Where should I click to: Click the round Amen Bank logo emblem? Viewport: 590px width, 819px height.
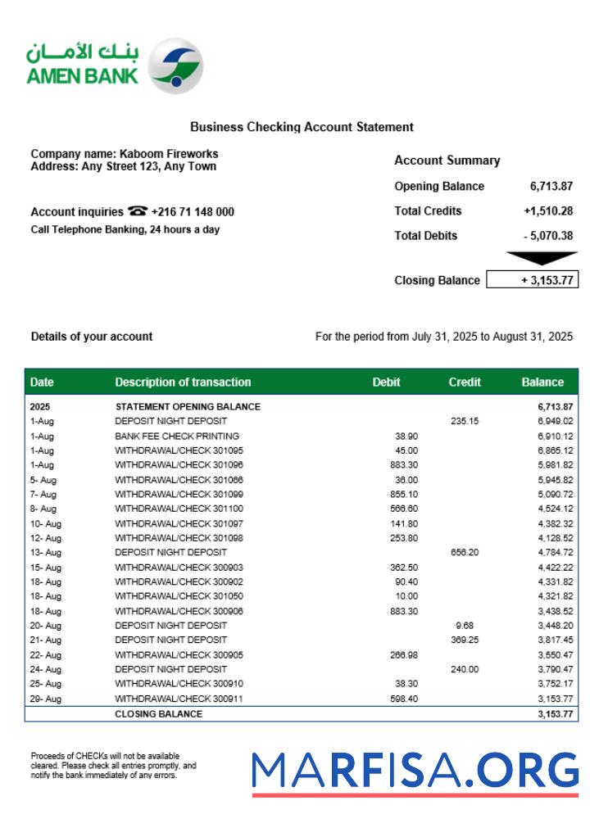click(x=178, y=65)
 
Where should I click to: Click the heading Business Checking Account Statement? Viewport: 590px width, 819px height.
click(x=302, y=127)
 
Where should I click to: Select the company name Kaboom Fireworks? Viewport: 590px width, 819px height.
click(x=169, y=153)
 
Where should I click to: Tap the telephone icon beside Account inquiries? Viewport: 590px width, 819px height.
click(x=138, y=211)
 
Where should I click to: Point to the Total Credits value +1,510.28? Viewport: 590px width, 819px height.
click(x=548, y=210)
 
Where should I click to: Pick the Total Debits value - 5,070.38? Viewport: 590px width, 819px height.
click(x=548, y=235)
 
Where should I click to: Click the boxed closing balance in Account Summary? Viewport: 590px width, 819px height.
click(x=533, y=280)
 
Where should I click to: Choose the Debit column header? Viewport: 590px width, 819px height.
click(x=386, y=382)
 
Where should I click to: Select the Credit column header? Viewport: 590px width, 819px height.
click(x=465, y=382)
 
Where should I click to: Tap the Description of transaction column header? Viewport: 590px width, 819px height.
click(x=183, y=382)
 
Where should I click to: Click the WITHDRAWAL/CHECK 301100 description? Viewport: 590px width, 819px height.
click(x=179, y=509)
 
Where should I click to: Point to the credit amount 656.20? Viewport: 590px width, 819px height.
click(x=464, y=552)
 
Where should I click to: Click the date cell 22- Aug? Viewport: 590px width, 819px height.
click(x=46, y=654)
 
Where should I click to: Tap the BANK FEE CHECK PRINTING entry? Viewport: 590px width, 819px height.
click(x=177, y=436)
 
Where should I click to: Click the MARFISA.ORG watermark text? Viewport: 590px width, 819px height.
click(x=415, y=771)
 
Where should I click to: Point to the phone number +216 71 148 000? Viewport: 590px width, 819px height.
click(x=193, y=211)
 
